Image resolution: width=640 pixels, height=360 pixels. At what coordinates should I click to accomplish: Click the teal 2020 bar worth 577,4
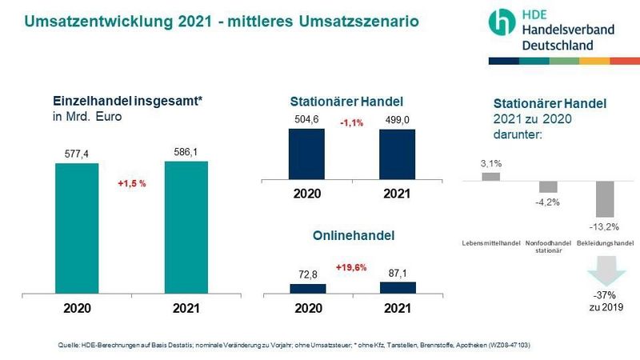77,229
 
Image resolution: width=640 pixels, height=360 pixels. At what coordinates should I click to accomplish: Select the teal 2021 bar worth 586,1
186,227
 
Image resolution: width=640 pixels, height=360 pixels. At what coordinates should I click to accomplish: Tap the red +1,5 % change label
131,183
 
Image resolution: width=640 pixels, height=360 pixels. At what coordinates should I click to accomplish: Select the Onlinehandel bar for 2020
306,289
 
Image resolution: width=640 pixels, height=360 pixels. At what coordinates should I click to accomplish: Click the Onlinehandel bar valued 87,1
397,287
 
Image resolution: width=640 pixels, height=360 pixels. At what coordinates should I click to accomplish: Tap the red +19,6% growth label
351,267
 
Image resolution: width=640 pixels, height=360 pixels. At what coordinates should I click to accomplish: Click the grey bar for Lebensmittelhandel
491,176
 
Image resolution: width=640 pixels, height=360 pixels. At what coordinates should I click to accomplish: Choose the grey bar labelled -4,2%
548,186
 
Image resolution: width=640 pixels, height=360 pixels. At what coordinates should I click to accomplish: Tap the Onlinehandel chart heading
351,236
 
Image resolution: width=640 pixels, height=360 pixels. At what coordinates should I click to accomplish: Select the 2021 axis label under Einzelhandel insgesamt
186,307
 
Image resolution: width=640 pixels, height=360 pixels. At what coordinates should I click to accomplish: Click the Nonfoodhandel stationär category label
548,246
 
